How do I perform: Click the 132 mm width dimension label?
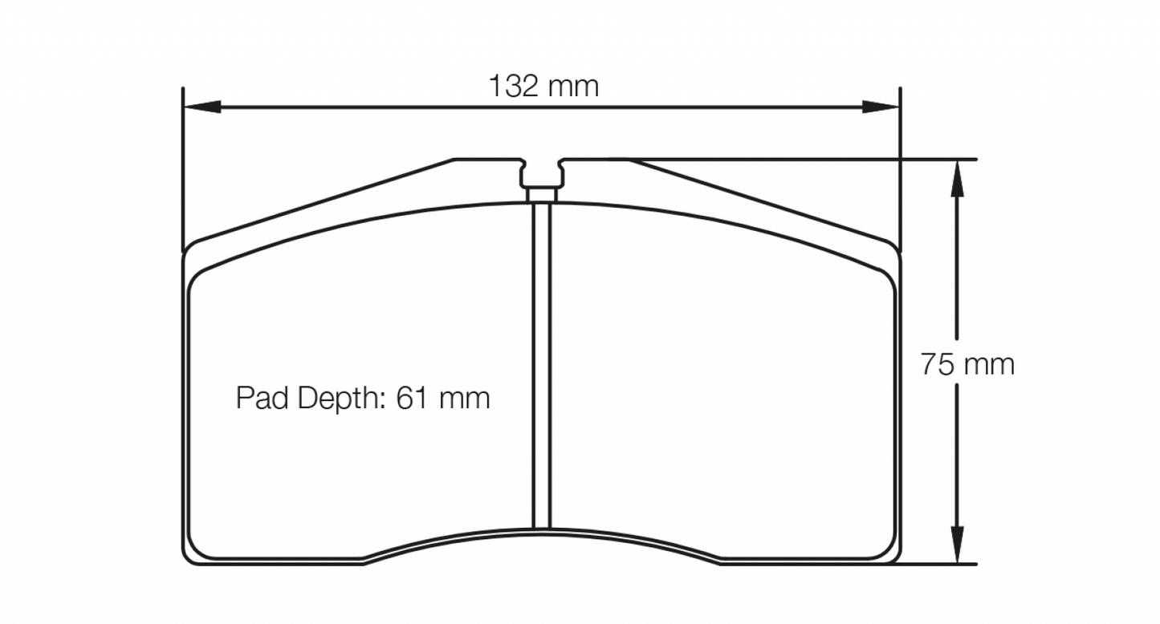tap(543, 86)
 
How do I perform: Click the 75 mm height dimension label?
tap(967, 364)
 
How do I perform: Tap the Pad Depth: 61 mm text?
tap(363, 398)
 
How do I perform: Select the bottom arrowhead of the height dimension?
tap(956, 545)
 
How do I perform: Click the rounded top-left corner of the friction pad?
tap(197, 278)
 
